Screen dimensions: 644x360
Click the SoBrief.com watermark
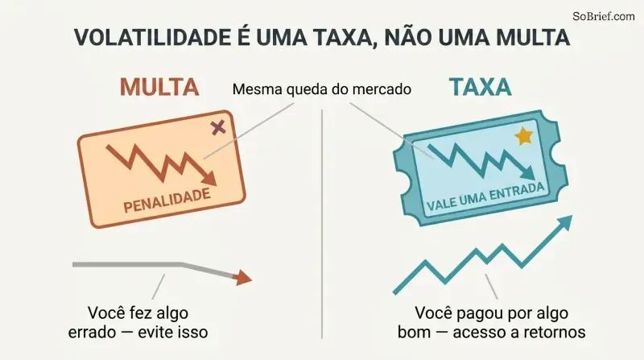603,16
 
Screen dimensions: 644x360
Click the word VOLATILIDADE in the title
152,37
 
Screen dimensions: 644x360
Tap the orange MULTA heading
159,87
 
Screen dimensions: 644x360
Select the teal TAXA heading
480,87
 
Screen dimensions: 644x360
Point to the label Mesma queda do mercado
321,89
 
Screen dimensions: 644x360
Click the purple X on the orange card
218,127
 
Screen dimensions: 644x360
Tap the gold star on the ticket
524,136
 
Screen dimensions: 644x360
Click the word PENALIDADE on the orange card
167,201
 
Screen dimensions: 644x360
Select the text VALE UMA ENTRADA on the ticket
486,197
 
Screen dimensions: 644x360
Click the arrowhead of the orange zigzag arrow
209,179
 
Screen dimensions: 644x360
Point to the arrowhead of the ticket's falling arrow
528,173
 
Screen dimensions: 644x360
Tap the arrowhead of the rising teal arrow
564,222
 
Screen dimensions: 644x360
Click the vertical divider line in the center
322,224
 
